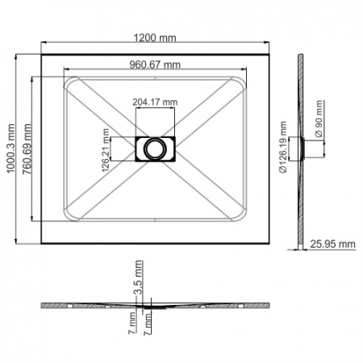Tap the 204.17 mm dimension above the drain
coord(153,102)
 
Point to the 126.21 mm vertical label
coord(105,147)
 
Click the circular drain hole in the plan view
coord(153,148)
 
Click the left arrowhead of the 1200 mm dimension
coord(41,46)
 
